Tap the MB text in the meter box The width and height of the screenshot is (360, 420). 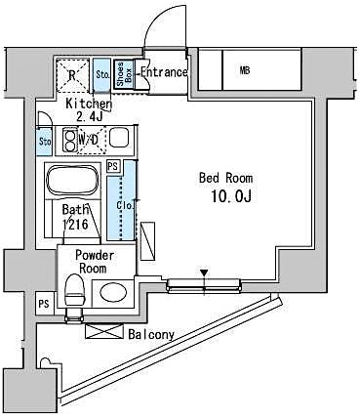243,70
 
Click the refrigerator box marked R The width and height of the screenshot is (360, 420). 72,74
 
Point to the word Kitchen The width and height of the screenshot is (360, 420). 88,104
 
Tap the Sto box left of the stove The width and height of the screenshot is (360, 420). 45,142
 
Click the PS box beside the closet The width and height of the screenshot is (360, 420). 112,167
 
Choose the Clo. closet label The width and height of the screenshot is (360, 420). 127,206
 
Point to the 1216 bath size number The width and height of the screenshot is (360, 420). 77,224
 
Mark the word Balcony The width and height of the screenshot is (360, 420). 151,335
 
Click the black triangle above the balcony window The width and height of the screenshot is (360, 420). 203,273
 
